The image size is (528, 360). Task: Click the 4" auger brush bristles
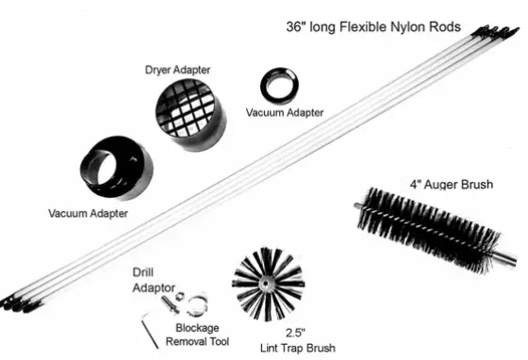(x=424, y=226)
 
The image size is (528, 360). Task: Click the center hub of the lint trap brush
(x=268, y=280)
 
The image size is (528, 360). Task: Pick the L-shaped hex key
(x=152, y=325)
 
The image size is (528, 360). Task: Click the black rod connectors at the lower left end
(x=18, y=300)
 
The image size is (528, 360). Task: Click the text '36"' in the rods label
(x=299, y=27)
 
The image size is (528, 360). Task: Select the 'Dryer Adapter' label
(x=176, y=69)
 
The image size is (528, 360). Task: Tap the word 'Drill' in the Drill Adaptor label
(x=143, y=271)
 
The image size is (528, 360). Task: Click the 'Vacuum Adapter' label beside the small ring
(x=285, y=112)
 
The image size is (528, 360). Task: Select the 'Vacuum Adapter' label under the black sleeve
(x=87, y=212)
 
